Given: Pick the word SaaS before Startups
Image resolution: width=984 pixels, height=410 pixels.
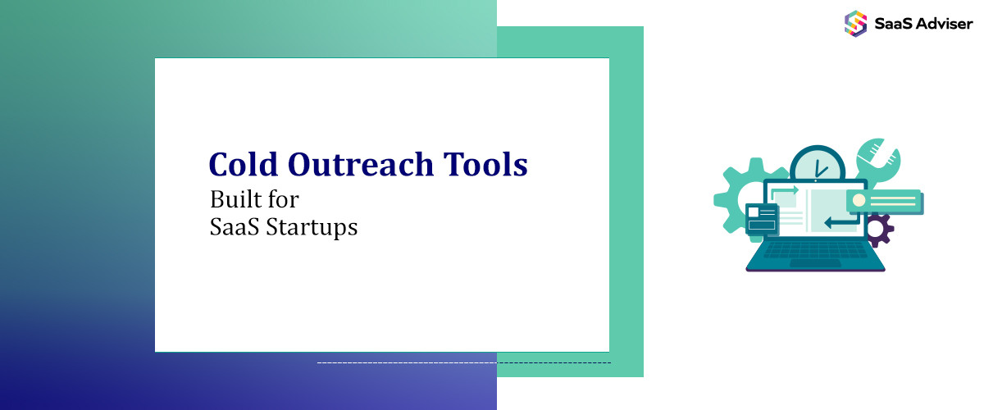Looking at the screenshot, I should point(232,226).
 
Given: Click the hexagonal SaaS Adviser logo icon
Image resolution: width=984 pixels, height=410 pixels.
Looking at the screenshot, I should point(856,23).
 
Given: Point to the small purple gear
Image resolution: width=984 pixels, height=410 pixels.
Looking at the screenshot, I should point(877,230).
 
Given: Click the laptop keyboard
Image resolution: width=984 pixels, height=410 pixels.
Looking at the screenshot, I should point(815,249).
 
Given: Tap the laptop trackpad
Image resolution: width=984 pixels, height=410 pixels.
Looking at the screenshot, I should point(815,263).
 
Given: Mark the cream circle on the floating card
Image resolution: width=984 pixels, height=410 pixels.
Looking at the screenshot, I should point(859,200).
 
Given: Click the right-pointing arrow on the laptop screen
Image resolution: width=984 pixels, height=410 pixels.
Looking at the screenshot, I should point(783,191).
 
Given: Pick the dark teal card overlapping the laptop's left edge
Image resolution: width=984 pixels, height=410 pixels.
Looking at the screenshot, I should point(762,220).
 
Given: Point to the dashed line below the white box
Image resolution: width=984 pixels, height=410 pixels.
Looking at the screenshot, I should point(463,362).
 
